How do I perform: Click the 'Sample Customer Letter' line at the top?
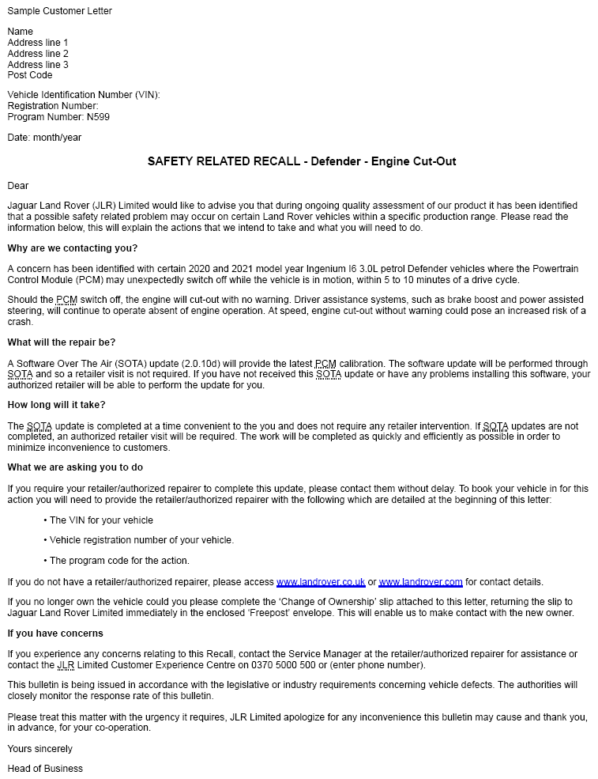[59, 11]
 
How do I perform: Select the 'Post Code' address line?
[30, 75]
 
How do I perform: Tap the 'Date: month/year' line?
[44, 138]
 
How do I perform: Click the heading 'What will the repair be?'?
[62, 342]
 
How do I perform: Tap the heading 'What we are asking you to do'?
[75, 467]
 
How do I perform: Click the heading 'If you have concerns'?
[55, 633]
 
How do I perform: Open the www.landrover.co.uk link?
[321, 582]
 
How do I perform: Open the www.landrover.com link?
[420, 582]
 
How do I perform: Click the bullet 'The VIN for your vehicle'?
[101, 520]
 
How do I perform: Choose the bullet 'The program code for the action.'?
[119, 561]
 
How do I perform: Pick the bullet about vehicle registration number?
[141, 540]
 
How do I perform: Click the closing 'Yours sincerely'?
[39, 749]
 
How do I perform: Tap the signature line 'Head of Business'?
[45, 769]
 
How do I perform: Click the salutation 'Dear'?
[18, 186]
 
